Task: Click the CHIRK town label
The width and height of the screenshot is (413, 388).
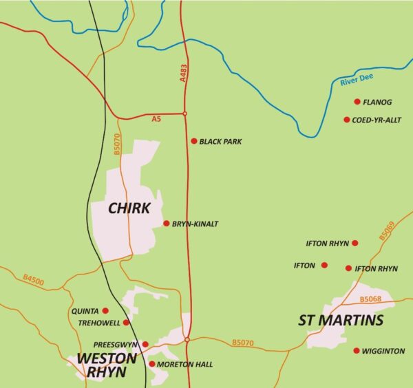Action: coord(129,208)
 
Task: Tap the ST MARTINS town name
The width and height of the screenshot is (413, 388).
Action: coord(341,321)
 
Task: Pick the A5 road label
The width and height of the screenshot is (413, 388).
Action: coord(156,120)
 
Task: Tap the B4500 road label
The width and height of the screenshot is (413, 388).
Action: coord(32,281)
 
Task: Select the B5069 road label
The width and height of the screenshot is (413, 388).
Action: coord(386,230)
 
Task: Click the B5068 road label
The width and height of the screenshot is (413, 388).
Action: coord(370,299)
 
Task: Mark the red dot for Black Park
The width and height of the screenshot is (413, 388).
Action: coord(194,141)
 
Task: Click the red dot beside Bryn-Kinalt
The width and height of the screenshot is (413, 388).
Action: coord(166,223)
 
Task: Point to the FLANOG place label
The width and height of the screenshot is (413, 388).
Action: coord(377,103)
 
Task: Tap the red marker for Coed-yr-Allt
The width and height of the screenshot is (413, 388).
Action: coord(347,120)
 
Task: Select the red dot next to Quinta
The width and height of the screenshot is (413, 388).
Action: coord(105,310)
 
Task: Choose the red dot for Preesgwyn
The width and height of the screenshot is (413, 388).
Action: coord(145,344)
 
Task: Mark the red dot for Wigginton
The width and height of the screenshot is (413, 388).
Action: coord(356,351)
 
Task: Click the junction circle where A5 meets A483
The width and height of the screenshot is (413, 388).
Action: coord(184,114)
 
